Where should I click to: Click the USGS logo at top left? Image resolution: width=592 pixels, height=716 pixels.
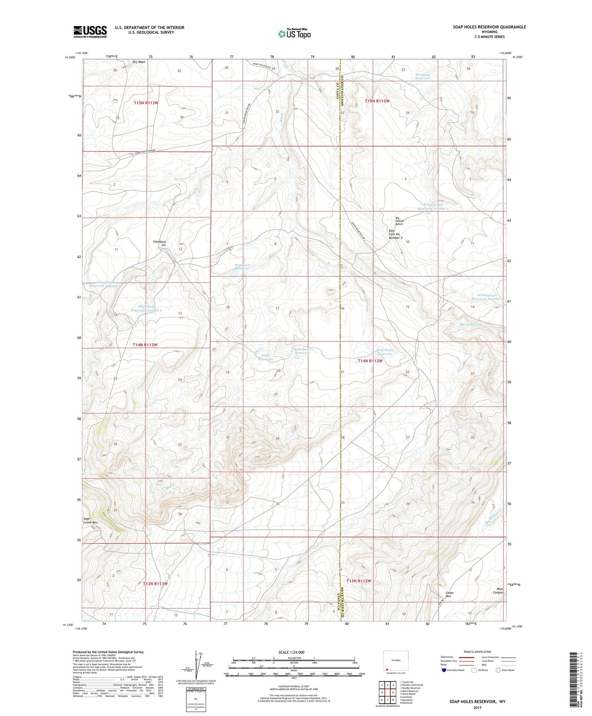(90, 31)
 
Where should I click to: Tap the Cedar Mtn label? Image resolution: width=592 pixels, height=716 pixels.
(450, 594)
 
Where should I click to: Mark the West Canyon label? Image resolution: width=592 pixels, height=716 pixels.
(498, 591)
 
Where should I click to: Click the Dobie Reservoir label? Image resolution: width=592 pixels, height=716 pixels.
(265, 357)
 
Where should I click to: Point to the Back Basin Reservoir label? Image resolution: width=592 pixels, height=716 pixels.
(302, 351)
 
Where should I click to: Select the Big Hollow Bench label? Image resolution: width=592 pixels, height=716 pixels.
(399, 221)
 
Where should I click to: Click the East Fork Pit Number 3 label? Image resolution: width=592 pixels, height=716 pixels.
(395, 234)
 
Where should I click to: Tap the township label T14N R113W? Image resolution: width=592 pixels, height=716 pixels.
(145, 345)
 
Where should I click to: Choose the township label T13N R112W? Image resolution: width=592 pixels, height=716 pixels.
(358, 581)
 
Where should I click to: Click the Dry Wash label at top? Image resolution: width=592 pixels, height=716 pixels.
(139, 62)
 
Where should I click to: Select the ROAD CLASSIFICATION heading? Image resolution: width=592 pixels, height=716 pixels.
(477, 652)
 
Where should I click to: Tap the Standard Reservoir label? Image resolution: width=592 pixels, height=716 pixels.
(242, 267)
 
